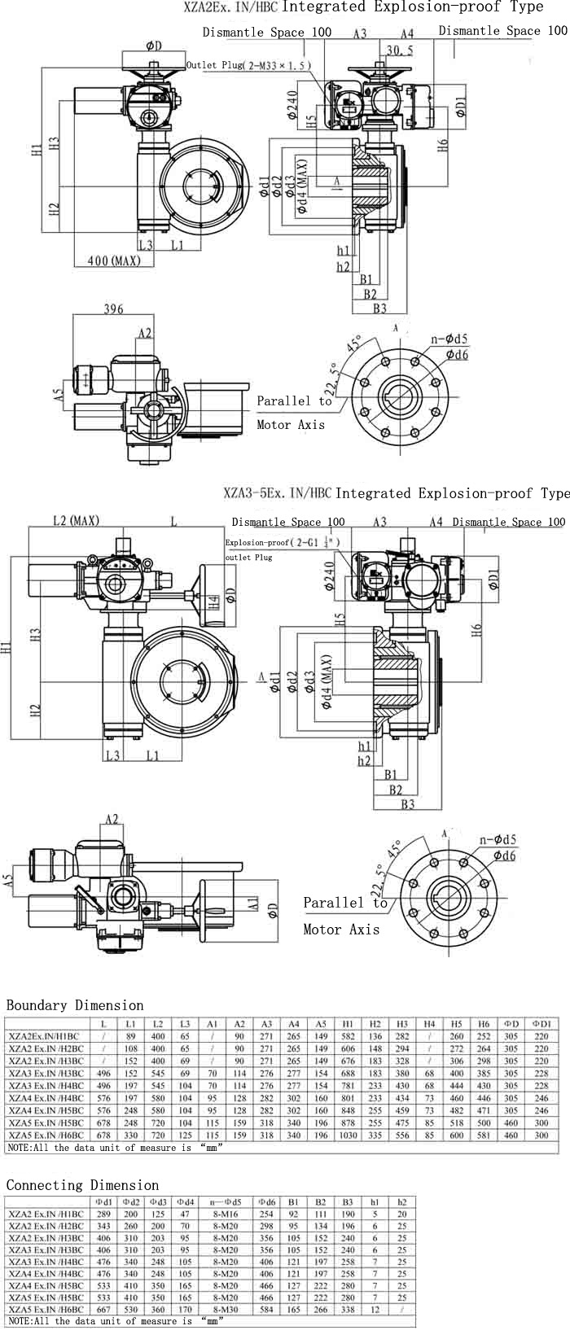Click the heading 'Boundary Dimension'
(x=75, y=1005)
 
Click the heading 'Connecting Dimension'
(x=82, y=1185)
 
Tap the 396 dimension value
(x=114, y=309)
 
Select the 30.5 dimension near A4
(x=399, y=50)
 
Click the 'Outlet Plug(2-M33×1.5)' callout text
(x=248, y=65)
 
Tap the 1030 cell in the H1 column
(x=349, y=1135)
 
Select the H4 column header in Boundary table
(x=429, y=1024)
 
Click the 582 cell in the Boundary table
(x=349, y=1036)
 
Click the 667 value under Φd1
(x=104, y=1310)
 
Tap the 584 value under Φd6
(x=266, y=1310)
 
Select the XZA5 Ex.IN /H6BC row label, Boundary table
(x=46, y=1135)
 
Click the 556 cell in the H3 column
(x=402, y=1135)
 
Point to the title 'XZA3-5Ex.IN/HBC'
(x=278, y=493)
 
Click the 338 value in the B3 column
(x=349, y=1310)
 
